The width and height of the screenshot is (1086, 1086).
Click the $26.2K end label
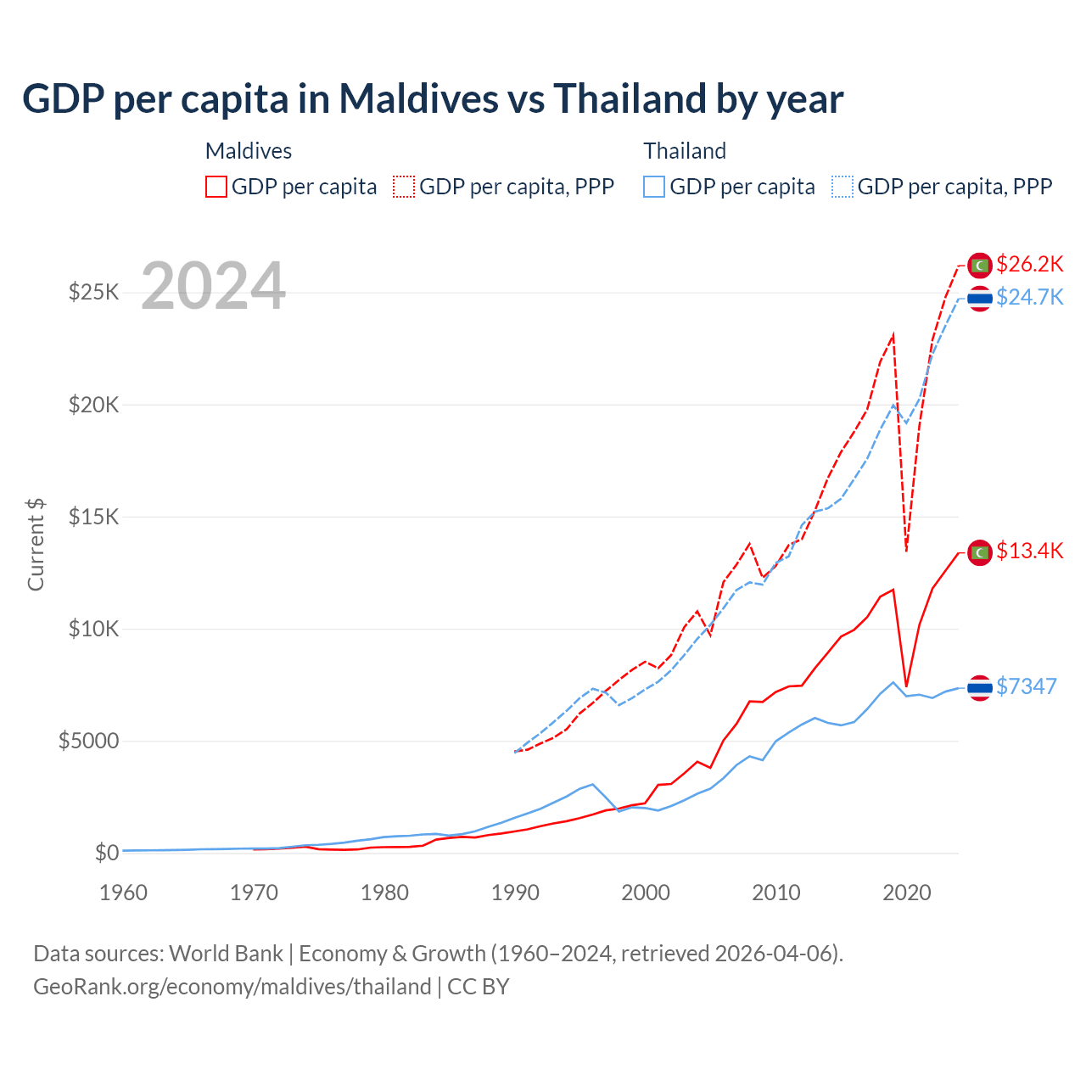coord(1029,264)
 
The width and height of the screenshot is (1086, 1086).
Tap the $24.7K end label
coord(1029,297)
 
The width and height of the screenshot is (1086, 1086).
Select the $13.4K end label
coord(1029,551)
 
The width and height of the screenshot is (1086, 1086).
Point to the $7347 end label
coord(1026,686)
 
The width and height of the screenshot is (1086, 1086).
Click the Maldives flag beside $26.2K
coord(980,265)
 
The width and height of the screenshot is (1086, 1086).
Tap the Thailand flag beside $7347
coord(980,687)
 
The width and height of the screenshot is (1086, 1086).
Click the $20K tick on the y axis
coord(94,405)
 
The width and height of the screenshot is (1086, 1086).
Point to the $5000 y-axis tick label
coord(88,741)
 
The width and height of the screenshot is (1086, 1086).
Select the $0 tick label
coord(106,853)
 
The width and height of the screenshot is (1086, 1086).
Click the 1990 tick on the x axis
coord(515,893)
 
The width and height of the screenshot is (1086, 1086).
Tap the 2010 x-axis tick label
coord(776,893)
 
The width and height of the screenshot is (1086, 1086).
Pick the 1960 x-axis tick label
coord(124,893)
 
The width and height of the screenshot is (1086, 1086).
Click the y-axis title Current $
coord(36,545)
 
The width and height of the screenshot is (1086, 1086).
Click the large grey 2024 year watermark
coord(213,286)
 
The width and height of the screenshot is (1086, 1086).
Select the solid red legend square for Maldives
coord(216,187)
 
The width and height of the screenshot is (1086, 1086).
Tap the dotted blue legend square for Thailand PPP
coord(842,187)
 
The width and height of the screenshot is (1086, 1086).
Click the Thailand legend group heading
coord(685,151)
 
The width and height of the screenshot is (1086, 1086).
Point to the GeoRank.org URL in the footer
coord(232,987)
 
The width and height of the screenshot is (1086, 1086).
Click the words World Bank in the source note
coord(226,954)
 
